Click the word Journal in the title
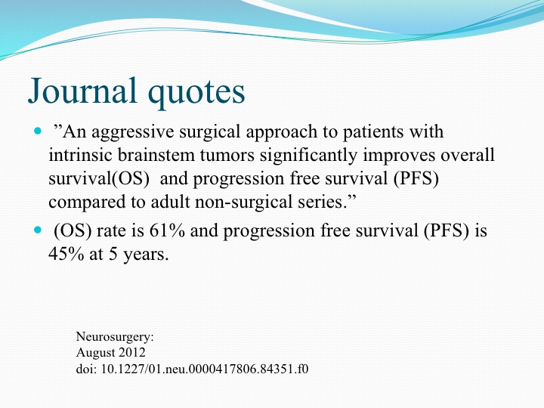[x=82, y=90]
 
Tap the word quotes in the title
[x=196, y=93]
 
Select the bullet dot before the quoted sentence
[x=38, y=131]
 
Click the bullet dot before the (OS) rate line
[x=38, y=230]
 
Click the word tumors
[x=227, y=156]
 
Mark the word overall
[x=468, y=155]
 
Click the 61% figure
[x=167, y=230]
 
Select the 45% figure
[x=66, y=254]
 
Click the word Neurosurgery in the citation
[x=115, y=337]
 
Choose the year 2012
[x=132, y=353]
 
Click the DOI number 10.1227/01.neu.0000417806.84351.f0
[x=204, y=369]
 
